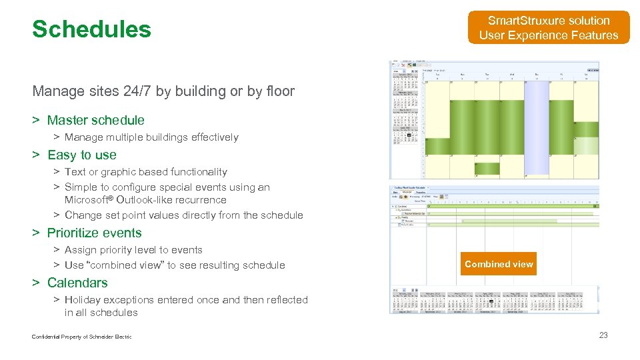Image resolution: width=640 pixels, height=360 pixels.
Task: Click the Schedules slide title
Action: click(x=91, y=29)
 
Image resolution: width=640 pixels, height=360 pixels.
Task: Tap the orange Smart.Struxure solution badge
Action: click(x=549, y=28)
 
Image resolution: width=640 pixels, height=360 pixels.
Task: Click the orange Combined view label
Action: click(x=499, y=264)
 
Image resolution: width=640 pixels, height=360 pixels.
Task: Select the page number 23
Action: click(x=603, y=335)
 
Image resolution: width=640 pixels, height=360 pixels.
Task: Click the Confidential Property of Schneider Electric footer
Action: click(x=81, y=337)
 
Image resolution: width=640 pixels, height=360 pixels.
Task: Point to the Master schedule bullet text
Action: click(x=95, y=120)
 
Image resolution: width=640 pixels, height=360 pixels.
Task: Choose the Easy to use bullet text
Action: click(x=81, y=155)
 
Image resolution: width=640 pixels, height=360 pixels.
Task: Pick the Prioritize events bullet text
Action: click(x=94, y=233)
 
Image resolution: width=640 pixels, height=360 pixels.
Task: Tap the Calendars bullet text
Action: click(x=77, y=283)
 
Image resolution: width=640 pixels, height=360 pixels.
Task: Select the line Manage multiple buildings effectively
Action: click(x=151, y=137)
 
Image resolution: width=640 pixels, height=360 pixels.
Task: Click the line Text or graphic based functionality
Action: click(x=146, y=172)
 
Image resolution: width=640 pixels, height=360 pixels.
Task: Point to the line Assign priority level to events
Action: click(x=133, y=250)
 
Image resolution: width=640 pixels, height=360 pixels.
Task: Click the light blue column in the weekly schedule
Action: click(x=536, y=127)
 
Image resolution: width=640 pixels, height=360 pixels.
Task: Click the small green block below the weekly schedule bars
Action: click(x=487, y=169)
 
